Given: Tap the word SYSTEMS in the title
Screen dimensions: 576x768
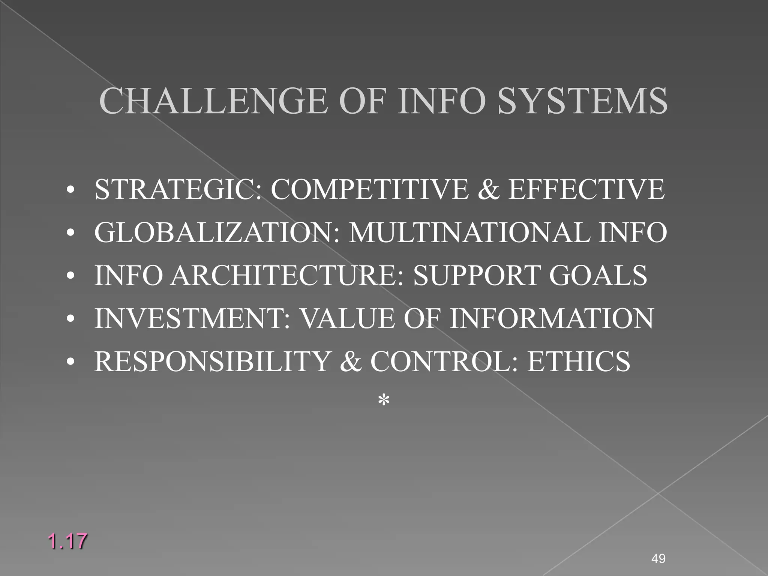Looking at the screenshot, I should [x=582, y=101].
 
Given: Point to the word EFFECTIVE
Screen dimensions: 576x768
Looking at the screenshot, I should [x=586, y=189].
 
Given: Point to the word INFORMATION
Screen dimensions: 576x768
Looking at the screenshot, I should [x=552, y=318].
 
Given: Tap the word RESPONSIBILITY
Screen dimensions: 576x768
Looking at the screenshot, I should [x=211, y=361].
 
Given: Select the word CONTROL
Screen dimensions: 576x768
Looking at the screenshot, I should [x=440, y=361].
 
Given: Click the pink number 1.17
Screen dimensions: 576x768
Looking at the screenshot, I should [x=67, y=541].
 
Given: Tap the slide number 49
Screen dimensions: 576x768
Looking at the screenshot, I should [x=658, y=559].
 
